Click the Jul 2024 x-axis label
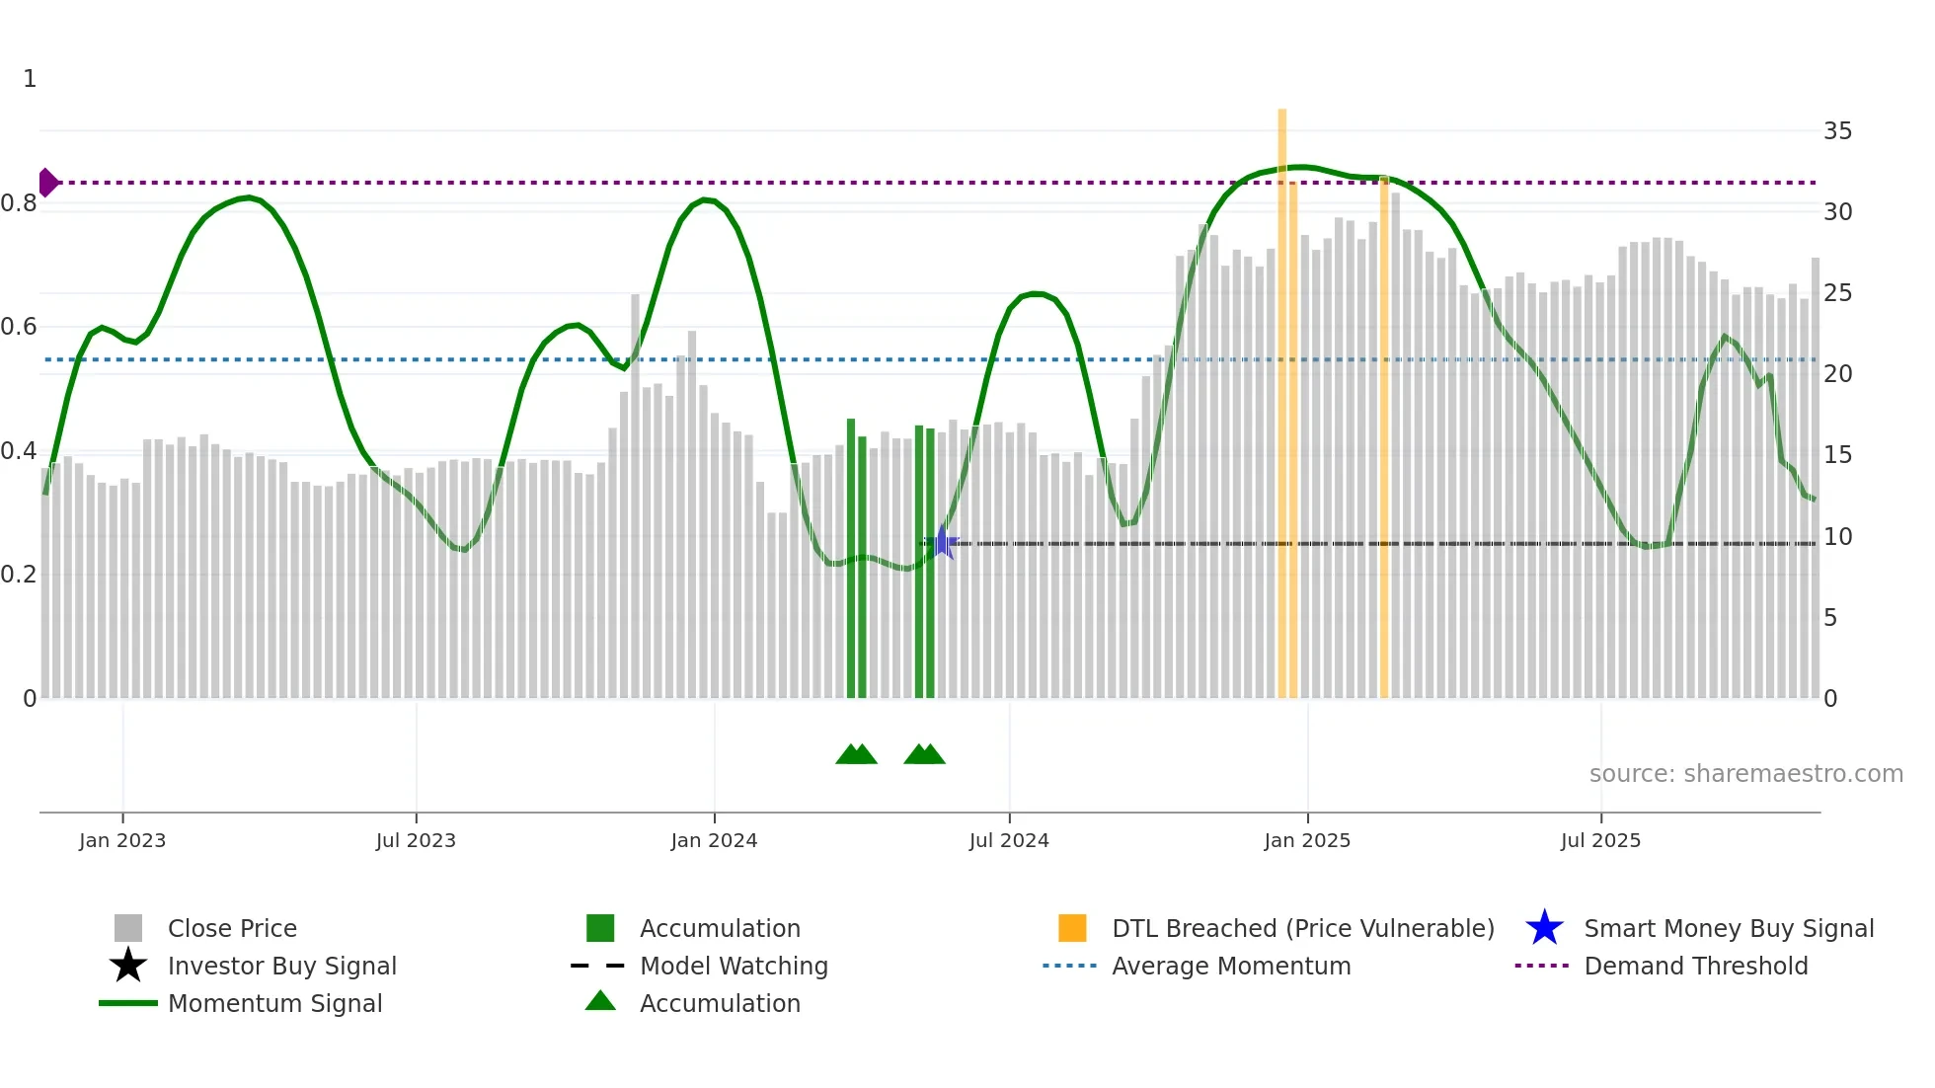coord(1009,840)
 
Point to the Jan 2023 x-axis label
coord(122,840)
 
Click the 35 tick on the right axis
coord(1837,131)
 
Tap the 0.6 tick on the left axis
coord(19,327)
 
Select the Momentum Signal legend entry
coord(274,1003)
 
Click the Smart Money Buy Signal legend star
coord(1544,928)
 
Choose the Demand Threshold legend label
coord(1695,966)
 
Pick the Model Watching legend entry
coord(733,966)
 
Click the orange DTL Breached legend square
coord(1072,928)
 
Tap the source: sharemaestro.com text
coord(1745,774)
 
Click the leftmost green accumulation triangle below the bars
coord(849,754)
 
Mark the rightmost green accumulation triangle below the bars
coord(931,754)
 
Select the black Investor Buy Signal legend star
coord(128,966)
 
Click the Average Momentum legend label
coord(1230,966)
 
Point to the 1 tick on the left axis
coord(30,79)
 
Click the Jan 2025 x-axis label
coord(1307,840)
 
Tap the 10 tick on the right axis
coord(1837,537)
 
